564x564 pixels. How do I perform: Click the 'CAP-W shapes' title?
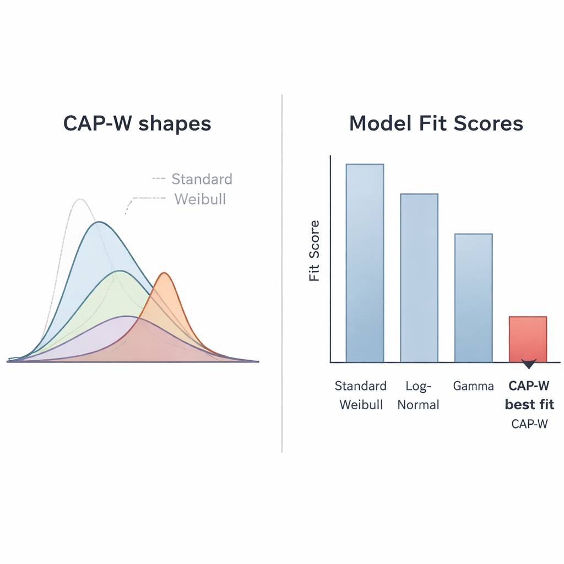coord(137,123)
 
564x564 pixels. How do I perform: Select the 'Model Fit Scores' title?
coord(436,123)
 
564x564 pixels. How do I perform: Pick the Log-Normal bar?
coord(419,278)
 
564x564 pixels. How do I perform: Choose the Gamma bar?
coord(473,298)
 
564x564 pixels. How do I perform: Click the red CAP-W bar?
coord(528,339)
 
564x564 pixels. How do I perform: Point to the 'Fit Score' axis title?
coord(314,251)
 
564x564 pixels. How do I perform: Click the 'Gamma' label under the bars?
coord(473,386)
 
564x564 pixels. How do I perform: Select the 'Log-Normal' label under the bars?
coord(419,395)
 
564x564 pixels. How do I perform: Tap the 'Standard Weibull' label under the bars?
coord(361,395)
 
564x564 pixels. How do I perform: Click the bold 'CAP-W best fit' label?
coord(529,395)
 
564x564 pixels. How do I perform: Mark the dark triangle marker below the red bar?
coord(529,365)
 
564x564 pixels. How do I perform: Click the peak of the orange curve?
coord(164,273)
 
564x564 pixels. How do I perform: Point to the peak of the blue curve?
coord(98,222)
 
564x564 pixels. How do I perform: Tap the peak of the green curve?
coord(120,271)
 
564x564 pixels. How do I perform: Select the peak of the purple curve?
coord(127,316)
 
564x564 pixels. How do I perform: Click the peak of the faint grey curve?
coord(80,199)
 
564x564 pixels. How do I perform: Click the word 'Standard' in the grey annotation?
coord(202,179)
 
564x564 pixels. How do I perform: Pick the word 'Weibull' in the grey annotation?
coord(200,199)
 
